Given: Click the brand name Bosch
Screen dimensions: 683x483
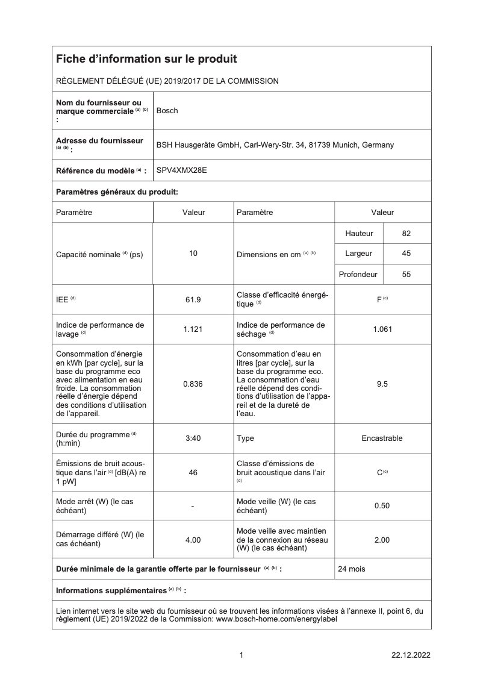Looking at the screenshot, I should click(167, 111).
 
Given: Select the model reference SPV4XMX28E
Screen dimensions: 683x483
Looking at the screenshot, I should click(181, 170).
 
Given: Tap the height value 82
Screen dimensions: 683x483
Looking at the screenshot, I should click(406, 234).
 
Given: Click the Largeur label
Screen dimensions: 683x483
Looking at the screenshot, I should click(358, 254).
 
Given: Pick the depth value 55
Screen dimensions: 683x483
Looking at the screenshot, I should click(406, 274).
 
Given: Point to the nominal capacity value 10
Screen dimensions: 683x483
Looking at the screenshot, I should click(193, 254).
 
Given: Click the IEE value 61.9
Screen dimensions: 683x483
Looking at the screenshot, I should click(193, 299).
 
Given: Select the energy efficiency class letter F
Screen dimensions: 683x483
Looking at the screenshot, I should click(379, 299).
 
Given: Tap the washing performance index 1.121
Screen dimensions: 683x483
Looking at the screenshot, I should click(193, 329).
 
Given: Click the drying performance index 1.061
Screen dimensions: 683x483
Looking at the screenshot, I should click(382, 329).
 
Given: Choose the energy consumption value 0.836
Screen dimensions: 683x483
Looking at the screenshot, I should click(193, 384).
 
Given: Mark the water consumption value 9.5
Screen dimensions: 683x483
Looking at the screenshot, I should click(382, 384).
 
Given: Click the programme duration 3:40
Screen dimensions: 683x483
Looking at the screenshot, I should click(193, 438).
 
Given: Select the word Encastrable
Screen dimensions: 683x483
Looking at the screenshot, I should click(382, 438).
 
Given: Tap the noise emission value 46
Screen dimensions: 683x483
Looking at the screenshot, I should click(193, 473).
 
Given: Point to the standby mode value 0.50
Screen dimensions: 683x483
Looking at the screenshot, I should click(382, 506).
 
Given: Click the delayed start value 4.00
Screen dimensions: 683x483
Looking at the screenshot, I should click(193, 540).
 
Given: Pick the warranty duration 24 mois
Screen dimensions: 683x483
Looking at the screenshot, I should click(352, 569).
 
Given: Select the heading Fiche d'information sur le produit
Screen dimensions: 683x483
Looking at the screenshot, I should click(146, 59).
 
